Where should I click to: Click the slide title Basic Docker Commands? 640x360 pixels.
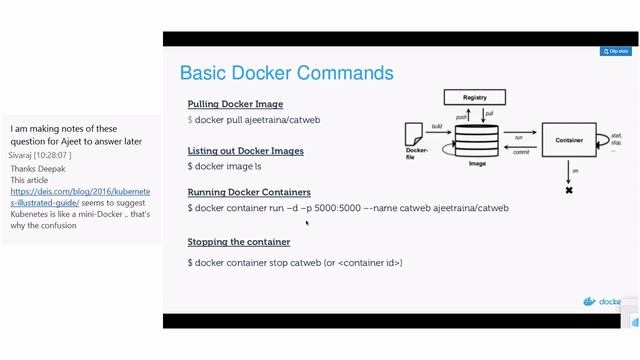[x=286, y=73]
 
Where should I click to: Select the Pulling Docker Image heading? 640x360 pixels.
[x=235, y=104]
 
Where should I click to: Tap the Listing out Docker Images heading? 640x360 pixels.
[x=245, y=151]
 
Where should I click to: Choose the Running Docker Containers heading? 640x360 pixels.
[x=249, y=192]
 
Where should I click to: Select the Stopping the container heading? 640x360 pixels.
[x=239, y=242]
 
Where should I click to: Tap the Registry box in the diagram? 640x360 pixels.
[x=475, y=97]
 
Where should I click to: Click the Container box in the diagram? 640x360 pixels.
[x=568, y=141]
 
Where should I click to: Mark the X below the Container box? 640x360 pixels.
[x=569, y=189]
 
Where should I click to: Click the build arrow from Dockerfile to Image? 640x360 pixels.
[x=438, y=131]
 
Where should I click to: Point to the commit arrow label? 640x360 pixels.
[x=520, y=152]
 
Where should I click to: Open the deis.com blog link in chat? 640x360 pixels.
[x=80, y=196]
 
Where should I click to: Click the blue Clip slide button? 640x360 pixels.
[x=615, y=51]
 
